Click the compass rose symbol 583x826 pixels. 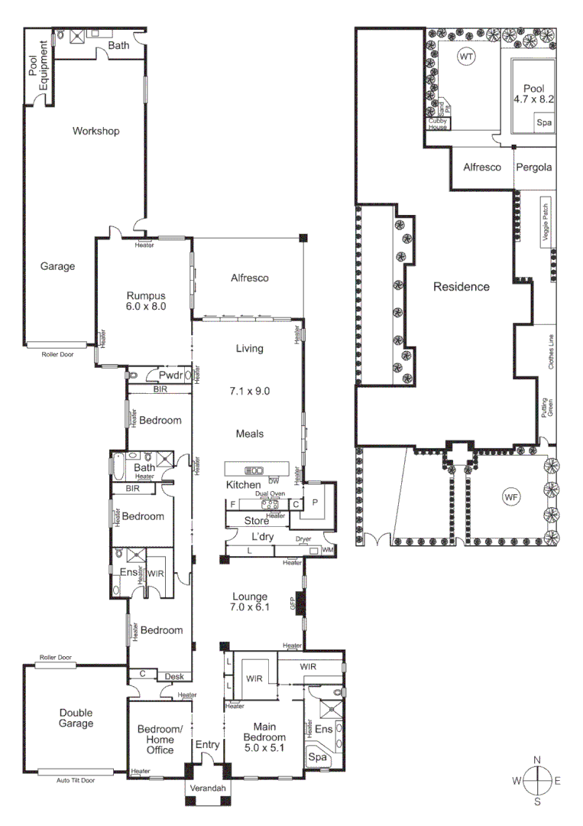click(x=537, y=780)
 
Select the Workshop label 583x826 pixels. click(x=96, y=132)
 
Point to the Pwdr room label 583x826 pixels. click(x=170, y=376)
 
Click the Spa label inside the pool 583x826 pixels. click(x=543, y=123)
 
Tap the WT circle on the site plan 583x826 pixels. click(x=465, y=57)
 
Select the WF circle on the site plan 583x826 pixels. click(x=511, y=497)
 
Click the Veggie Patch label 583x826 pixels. click(x=546, y=221)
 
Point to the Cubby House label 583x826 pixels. click(x=437, y=124)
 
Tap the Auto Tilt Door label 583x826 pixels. click(x=75, y=780)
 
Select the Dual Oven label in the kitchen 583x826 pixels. click(x=270, y=494)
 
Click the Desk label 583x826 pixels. click(x=173, y=675)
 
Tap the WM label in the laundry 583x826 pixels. click(x=328, y=550)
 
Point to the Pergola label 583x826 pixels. click(x=533, y=167)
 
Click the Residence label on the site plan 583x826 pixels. click(x=461, y=287)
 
